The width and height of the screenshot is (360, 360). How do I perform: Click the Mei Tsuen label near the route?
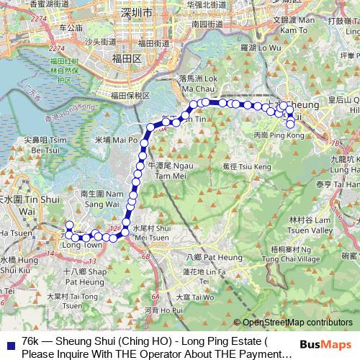point(150,235)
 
